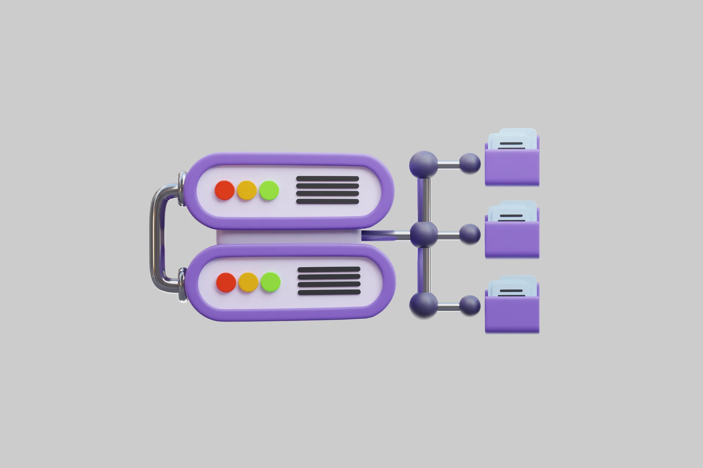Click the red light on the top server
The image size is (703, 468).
(x=225, y=190)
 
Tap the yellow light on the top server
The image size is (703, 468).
(x=247, y=190)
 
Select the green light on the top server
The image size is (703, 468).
(x=269, y=190)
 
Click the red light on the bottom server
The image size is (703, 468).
(x=226, y=282)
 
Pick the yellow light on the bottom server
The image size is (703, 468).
(x=248, y=282)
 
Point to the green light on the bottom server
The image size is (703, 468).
(x=270, y=282)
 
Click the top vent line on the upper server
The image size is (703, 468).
(x=327, y=179)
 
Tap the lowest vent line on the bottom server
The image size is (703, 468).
(x=329, y=292)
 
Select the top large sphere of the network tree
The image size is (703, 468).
(x=424, y=164)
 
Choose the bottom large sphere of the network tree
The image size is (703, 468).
(x=424, y=305)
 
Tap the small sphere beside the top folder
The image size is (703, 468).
(x=469, y=163)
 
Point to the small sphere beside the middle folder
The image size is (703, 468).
(x=469, y=234)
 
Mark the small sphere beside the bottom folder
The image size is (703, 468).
(x=469, y=305)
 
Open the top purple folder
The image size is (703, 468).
(x=512, y=167)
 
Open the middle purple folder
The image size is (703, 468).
(x=512, y=240)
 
